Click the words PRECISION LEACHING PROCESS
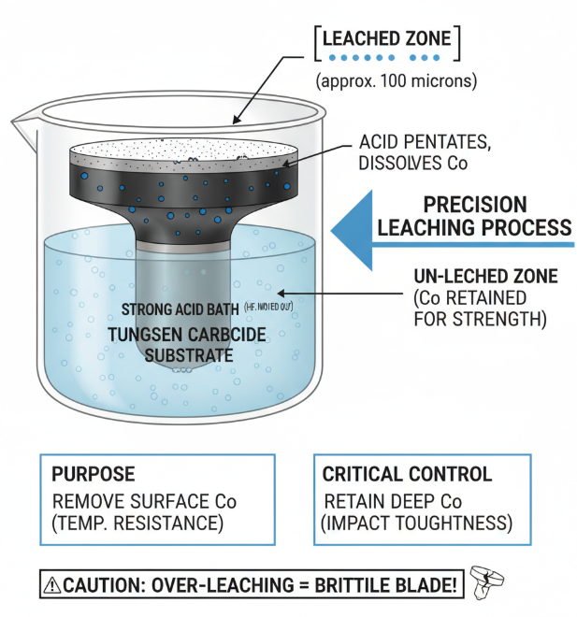[x=486, y=216]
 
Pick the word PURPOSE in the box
[x=94, y=474]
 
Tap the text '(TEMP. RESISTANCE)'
[x=137, y=523]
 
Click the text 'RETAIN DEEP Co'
[x=383, y=500]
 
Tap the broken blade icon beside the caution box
[x=487, y=581]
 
